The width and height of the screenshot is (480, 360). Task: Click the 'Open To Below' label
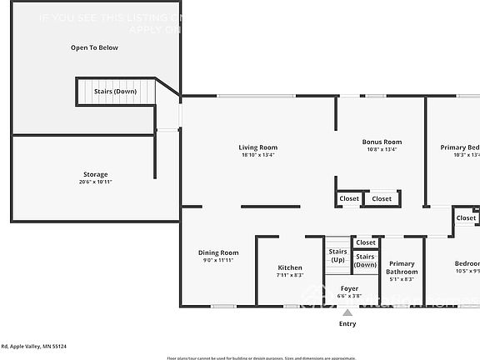pyautogui.click(x=93, y=47)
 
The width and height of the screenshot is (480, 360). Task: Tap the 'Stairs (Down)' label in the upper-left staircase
pyautogui.click(x=115, y=91)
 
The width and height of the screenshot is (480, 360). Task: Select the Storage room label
pyautogui.click(x=95, y=174)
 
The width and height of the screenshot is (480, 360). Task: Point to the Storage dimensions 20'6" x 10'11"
pyautogui.click(x=95, y=182)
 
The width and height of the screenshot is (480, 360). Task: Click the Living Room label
pyautogui.click(x=257, y=147)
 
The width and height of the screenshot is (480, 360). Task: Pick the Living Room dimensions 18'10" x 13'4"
pyautogui.click(x=257, y=155)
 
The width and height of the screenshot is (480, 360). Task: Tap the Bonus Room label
pyautogui.click(x=382, y=142)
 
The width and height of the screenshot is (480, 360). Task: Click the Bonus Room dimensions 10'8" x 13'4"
pyautogui.click(x=382, y=150)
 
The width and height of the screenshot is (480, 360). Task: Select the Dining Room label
pyautogui.click(x=218, y=252)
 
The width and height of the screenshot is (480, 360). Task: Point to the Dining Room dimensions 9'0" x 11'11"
pyautogui.click(x=218, y=261)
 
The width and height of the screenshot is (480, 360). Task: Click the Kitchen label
pyautogui.click(x=290, y=267)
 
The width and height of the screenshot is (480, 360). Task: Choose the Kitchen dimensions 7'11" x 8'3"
pyautogui.click(x=290, y=275)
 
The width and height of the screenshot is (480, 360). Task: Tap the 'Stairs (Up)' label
pyautogui.click(x=337, y=255)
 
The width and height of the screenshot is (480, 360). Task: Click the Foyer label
pyautogui.click(x=348, y=288)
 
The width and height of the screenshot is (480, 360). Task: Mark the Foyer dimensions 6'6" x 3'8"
pyautogui.click(x=348, y=296)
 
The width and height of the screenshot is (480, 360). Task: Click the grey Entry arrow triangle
pyautogui.click(x=347, y=312)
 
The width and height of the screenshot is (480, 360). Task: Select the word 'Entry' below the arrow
pyautogui.click(x=347, y=323)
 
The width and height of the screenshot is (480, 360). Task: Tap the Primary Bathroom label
pyautogui.click(x=402, y=267)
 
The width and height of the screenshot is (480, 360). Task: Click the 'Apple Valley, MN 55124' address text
pyautogui.click(x=37, y=346)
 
